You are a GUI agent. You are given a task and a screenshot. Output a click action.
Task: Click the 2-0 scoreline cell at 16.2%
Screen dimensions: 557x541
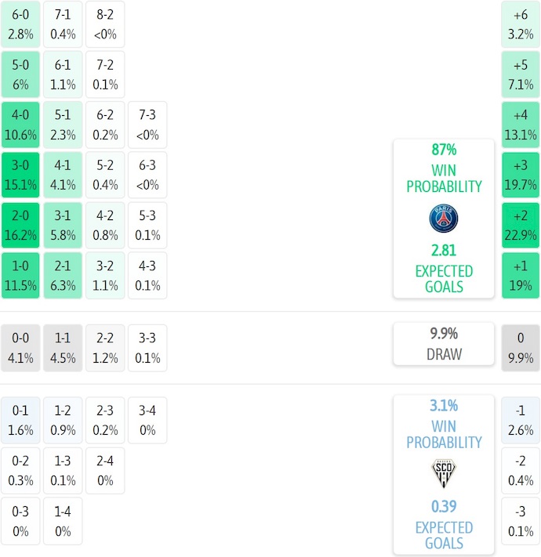pos(20,226)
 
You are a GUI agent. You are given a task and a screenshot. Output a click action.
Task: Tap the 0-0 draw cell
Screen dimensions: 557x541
pos(20,349)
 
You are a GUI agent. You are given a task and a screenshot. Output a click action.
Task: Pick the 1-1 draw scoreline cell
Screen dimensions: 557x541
pos(63,349)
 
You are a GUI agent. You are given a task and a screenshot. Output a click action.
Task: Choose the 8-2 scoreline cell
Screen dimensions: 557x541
pos(105,24)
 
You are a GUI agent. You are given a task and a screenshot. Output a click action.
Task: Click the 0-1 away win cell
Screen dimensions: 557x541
pos(20,421)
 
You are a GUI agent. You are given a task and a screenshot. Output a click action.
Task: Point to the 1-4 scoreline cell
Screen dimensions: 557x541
pos(63,521)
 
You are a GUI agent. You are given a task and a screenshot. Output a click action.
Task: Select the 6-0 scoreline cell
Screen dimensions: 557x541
pos(20,24)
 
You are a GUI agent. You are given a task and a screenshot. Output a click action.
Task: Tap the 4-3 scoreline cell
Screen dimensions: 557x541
pos(147,276)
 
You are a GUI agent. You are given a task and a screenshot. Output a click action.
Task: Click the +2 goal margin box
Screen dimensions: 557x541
pos(521,226)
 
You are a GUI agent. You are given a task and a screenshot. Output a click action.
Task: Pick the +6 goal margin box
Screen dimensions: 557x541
pos(521,24)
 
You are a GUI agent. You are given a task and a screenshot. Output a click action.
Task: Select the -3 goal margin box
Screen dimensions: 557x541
pos(521,521)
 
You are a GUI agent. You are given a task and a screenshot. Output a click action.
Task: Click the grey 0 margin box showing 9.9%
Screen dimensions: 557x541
pos(521,349)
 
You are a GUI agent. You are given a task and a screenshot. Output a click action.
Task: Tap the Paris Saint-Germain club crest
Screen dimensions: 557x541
pos(444,218)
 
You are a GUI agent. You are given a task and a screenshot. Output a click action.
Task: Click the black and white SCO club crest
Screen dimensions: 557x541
pos(444,474)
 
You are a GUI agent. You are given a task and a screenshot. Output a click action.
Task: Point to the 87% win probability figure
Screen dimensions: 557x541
pos(444,150)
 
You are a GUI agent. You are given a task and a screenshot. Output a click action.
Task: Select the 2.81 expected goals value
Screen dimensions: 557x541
pos(444,250)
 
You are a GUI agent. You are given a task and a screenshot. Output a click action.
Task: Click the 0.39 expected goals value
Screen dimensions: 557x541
pos(444,506)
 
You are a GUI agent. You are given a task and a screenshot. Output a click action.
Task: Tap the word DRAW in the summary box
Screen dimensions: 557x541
pos(444,354)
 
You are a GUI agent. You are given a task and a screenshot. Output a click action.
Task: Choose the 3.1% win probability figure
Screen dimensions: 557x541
pos(444,406)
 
